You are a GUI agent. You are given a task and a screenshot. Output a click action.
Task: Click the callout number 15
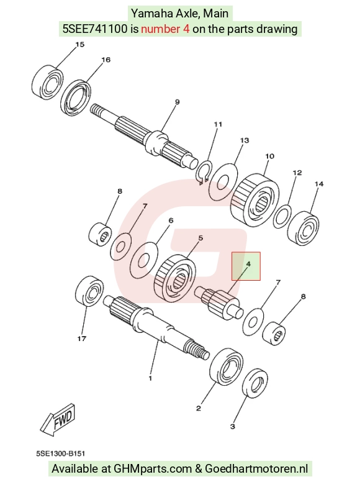(x=79, y=45)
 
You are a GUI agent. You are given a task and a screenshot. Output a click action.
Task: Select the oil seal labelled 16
(x=76, y=98)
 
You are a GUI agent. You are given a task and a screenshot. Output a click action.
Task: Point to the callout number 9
(x=178, y=102)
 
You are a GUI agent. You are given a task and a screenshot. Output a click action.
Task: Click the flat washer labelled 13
(x=223, y=181)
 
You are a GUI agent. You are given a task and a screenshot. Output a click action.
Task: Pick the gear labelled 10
(x=254, y=201)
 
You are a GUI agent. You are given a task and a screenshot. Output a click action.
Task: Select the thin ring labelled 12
(x=282, y=217)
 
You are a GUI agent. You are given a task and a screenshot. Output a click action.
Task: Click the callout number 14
(x=319, y=184)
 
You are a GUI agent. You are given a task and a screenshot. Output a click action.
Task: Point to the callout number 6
(x=171, y=221)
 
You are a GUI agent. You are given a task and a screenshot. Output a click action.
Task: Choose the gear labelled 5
(x=174, y=276)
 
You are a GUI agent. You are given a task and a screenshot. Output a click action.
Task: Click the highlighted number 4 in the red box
(x=248, y=264)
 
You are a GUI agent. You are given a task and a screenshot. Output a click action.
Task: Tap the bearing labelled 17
(x=89, y=291)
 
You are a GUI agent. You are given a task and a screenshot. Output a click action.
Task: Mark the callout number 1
(x=150, y=378)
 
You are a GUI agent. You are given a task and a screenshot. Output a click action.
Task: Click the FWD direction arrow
(x=58, y=420)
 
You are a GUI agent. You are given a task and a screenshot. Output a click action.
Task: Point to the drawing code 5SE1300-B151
(x=60, y=453)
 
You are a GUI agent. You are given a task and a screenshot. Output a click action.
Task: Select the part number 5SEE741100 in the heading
(x=95, y=29)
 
